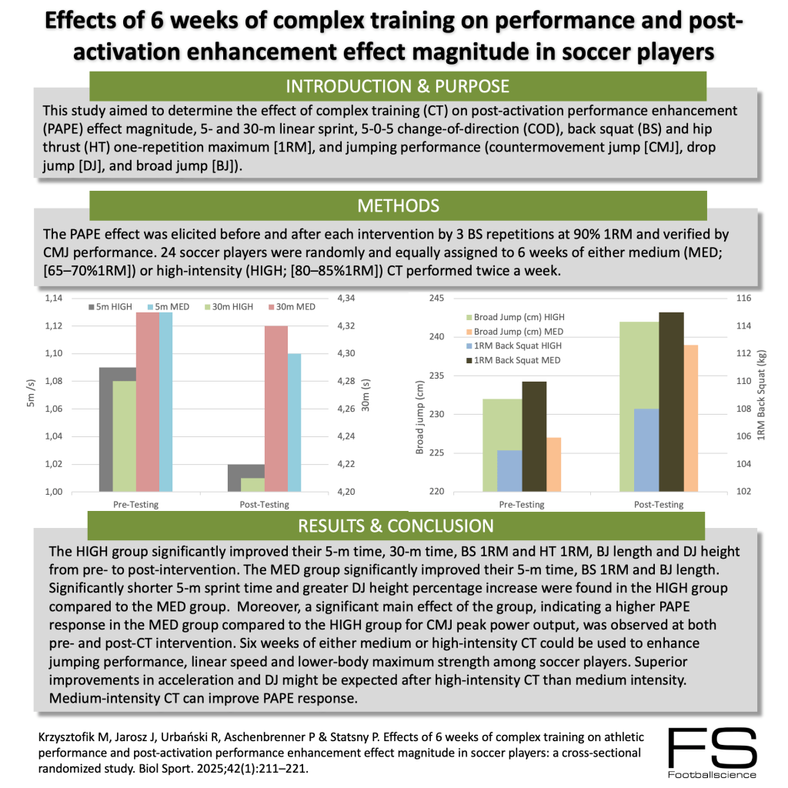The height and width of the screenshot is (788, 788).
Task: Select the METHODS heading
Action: tap(398, 205)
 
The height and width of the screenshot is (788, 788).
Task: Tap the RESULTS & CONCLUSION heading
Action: tap(396, 526)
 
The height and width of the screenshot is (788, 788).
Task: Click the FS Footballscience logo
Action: tap(711, 753)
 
